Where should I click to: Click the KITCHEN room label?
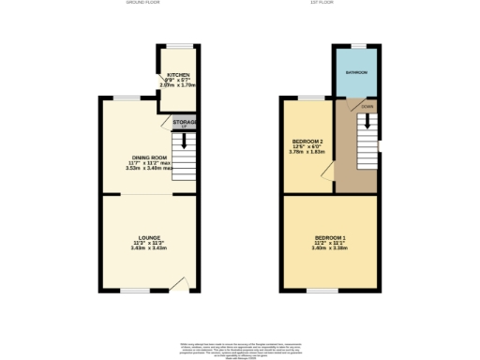pyautogui.click(x=179, y=75)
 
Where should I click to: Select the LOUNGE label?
pyautogui.click(x=148, y=237)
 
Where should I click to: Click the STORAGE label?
pyautogui.click(x=184, y=120)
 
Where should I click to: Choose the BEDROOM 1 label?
pyautogui.click(x=331, y=237)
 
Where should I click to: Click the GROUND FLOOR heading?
pyautogui.click(x=143, y=4)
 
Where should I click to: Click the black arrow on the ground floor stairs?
pyautogui.click(x=185, y=141)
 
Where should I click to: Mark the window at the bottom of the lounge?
pyautogui.click(x=137, y=291)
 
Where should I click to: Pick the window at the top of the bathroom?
pyautogui.click(x=358, y=45)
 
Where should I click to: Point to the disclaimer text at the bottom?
pyautogui.click(x=240, y=349)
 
